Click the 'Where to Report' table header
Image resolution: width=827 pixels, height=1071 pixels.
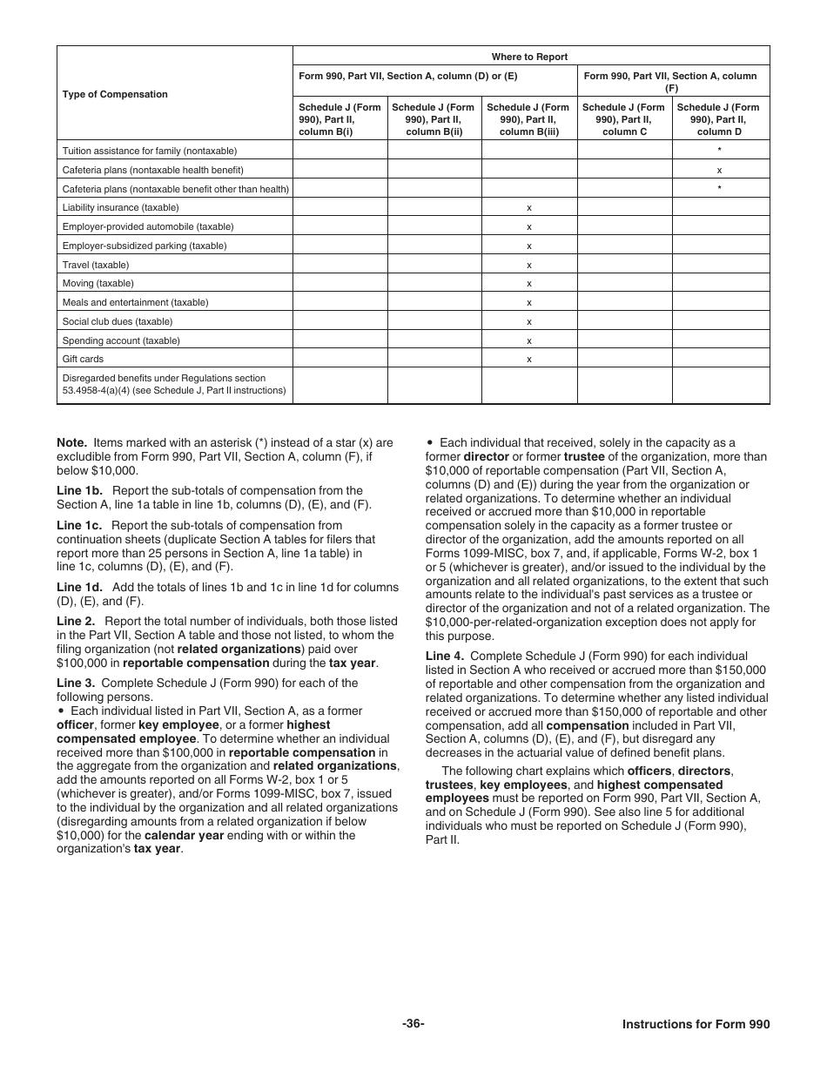click(529, 57)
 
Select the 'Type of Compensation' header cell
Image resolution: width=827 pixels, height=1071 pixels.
click(115, 94)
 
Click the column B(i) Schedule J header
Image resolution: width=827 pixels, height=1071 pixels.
click(340, 120)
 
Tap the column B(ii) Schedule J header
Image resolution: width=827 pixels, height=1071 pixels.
click(434, 120)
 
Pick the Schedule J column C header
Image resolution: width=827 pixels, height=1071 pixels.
click(624, 120)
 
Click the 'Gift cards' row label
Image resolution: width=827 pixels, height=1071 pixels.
click(83, 359)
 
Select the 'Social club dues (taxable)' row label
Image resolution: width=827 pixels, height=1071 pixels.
click(117, 321)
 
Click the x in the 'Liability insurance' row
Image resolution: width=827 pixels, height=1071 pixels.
click(529, 208)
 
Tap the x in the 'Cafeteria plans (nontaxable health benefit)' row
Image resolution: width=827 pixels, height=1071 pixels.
click(719, 170)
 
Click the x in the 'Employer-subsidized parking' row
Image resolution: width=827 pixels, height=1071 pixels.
click(529, 246)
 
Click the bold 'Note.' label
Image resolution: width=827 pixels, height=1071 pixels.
click(72, 442)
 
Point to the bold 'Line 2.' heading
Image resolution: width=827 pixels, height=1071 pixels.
click(76, 622)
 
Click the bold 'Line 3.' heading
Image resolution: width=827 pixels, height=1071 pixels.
click(76, 684)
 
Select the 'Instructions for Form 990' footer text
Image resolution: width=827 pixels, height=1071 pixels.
click(696, 1025)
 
